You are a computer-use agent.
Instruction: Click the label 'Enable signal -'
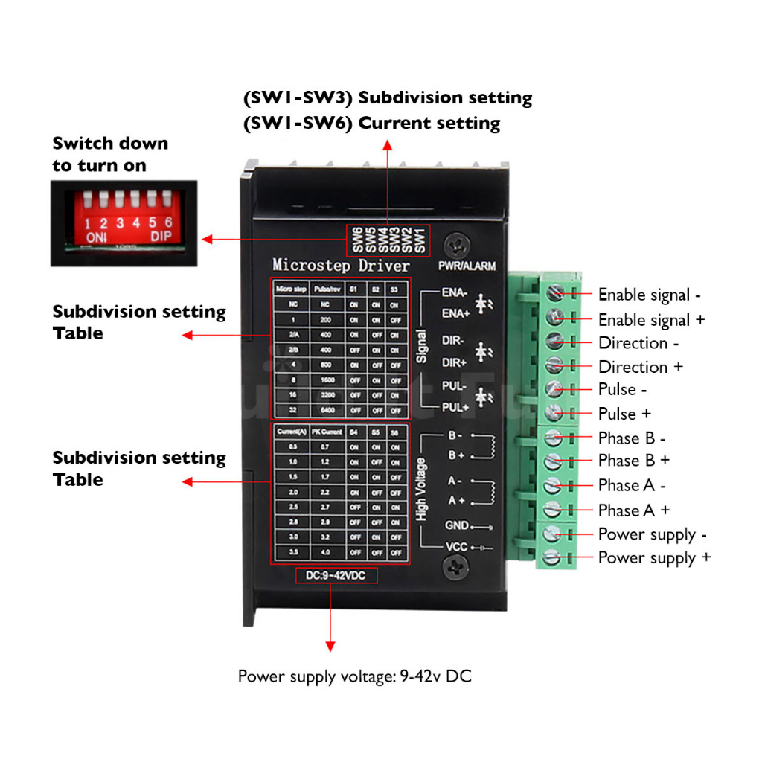click(649, 295)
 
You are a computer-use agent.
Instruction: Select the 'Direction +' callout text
click(640, 367)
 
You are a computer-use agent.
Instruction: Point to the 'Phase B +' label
click(633, 461)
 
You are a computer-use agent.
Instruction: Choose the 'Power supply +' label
click(654, 558)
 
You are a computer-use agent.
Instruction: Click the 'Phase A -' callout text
click(632, 486)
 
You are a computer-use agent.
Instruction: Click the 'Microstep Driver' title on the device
click(341, 265)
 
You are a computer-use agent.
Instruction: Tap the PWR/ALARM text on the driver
click(467, 266)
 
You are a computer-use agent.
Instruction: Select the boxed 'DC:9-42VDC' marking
click(336, 575)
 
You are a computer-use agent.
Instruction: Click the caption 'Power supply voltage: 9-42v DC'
click(354, 676)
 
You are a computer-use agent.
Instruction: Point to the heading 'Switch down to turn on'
click(110, 154)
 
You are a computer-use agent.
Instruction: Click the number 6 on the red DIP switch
click(169, 222)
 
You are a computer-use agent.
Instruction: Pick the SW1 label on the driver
click(420, 239)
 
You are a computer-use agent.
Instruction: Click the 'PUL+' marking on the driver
click(454, 407)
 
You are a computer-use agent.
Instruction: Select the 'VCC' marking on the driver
click(456, 547)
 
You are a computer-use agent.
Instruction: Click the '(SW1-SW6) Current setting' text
click(372, 123)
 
